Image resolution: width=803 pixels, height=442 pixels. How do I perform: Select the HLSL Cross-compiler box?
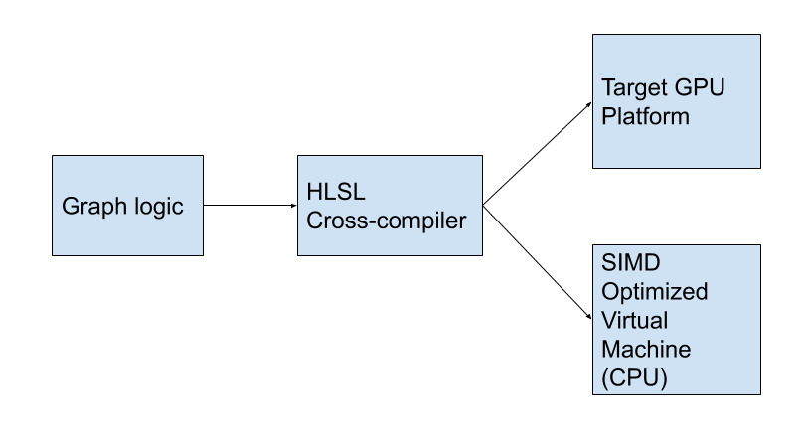click(x=390, y=206)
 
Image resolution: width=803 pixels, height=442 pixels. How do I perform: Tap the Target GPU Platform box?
click(x=676, y=101)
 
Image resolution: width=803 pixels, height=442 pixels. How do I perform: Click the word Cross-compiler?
click(x=386, y=221)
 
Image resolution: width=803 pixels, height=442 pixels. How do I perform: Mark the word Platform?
click(x=645, y=116)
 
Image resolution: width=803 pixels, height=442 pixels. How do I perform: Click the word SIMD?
click(x=629, y=263)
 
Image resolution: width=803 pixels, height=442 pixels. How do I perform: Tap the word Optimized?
click(x=654, y=292)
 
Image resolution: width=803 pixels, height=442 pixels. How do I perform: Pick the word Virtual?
click(x=634, y=321)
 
